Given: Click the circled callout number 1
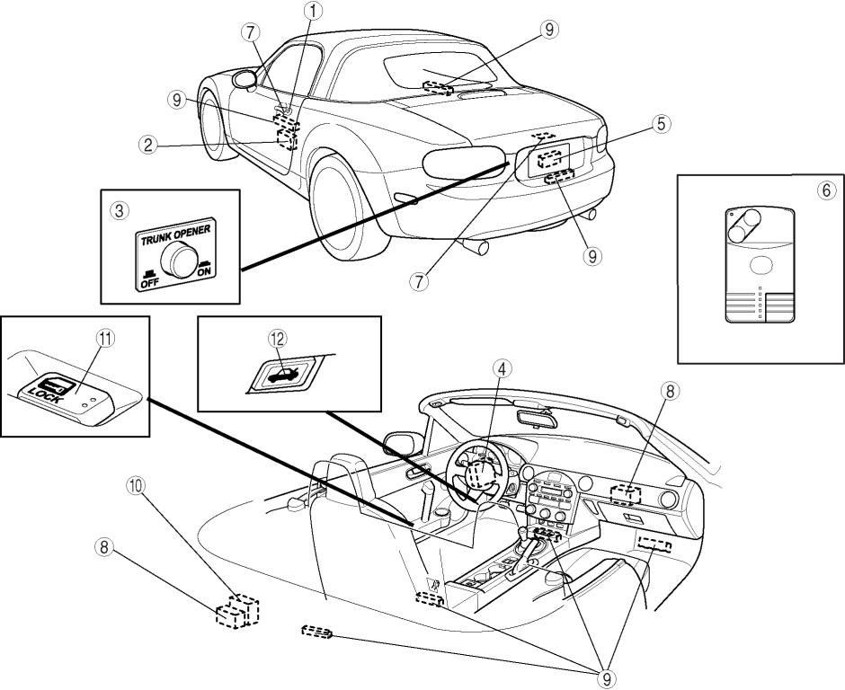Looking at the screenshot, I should tap(313, 11).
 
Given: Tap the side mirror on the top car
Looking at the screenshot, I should tap(243, 80).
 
